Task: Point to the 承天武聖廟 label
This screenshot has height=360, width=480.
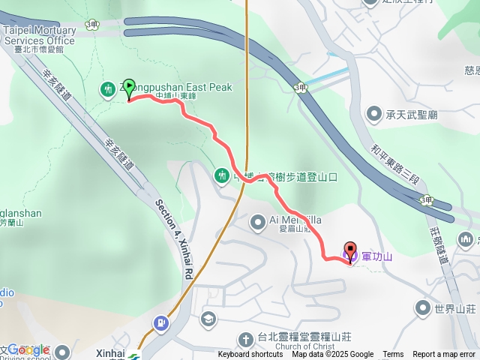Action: [x=412, y=114]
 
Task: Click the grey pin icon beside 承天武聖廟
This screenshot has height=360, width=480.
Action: [x=374, y=114]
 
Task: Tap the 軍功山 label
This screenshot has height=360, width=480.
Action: [x=377, y=256]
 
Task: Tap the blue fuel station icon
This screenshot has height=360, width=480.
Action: [x=160, y=323]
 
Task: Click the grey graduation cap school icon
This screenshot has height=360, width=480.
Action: [x=207, y=319]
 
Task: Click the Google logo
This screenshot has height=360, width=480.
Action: [x=28, y=350]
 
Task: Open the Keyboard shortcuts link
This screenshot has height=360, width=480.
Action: [x=250, y=355]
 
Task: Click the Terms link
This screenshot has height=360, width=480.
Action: [x=393, y=355]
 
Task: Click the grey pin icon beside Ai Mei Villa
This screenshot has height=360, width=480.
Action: [x=256, y=220]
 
